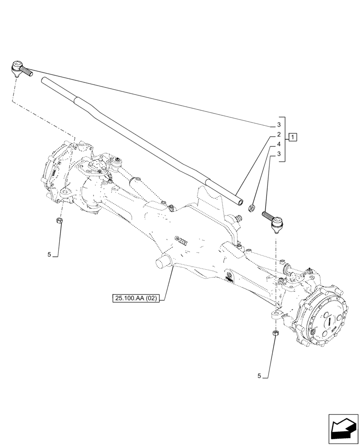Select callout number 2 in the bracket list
point(278,134)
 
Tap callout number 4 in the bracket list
point(278,144)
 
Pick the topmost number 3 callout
point(278,124)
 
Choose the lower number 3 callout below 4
point(278,154)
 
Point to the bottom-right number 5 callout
point(259,376)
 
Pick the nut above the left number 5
point(60,221)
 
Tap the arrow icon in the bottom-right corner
point(343,429)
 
